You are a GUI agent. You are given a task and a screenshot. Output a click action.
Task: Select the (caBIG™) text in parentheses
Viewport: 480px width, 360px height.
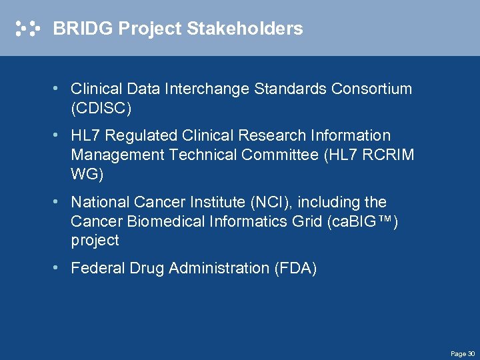tap(363, 221)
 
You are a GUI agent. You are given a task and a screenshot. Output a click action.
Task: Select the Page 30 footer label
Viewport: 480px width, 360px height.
tap(462, 353)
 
